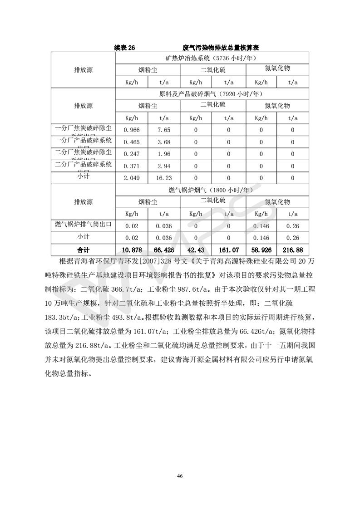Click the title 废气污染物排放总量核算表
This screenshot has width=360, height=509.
pyautogui.click(x=221, y=47)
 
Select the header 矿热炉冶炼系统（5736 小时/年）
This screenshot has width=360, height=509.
pyautogui.click(x=212, y=58)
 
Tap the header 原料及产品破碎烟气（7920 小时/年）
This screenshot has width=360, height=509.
pyautogui.click(x=212, y=94)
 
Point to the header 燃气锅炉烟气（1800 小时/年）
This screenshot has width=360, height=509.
pyautogui.click(x=212, y=191)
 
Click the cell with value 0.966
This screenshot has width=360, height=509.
pyautogui.click(x=132, y=130)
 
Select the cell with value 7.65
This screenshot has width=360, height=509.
pyautogui.click(x=164, y=130)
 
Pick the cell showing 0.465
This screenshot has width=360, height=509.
pyautogui.click(x=132, y=142)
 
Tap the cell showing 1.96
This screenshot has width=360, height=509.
pyautogui.click(x=164, y=154)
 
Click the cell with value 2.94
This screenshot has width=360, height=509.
pyautogui.click(x=164, y=166)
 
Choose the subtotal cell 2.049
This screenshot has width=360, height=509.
pyautogui.click(x=132, y=178)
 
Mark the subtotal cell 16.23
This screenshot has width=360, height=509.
pyautogui.click(x=164, y=178)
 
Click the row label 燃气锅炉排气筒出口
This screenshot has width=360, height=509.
pyautogui.click(x=83, y=225)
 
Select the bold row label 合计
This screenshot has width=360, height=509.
pyautogui.click(x=83, y=250)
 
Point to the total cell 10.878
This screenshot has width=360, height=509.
pyautogui.click(x=132, y=250)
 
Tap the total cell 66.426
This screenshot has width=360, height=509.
pyautogui.click(x=164, y=250)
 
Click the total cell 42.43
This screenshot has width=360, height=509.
pyautogui.click(x=196, y=250)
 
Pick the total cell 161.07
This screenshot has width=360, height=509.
pyautogui.click(x=229, y=250)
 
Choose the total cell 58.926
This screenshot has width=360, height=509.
pyautogui.click(x=261, y=250)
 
